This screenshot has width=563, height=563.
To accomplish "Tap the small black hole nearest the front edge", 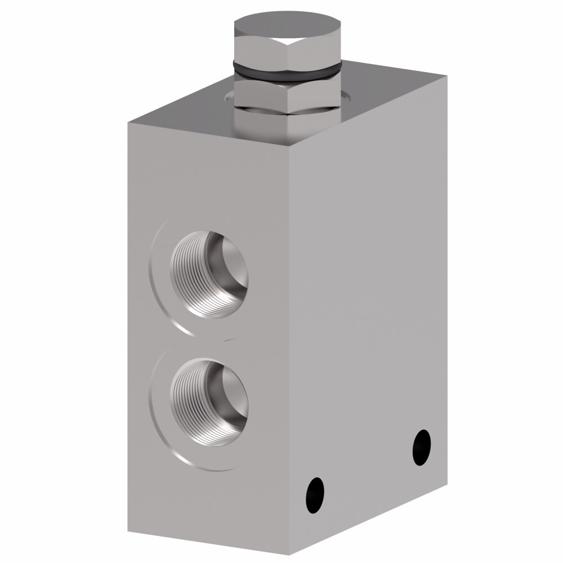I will [x=315, y=495].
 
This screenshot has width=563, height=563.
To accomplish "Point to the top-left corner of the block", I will [x=128, y=121].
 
